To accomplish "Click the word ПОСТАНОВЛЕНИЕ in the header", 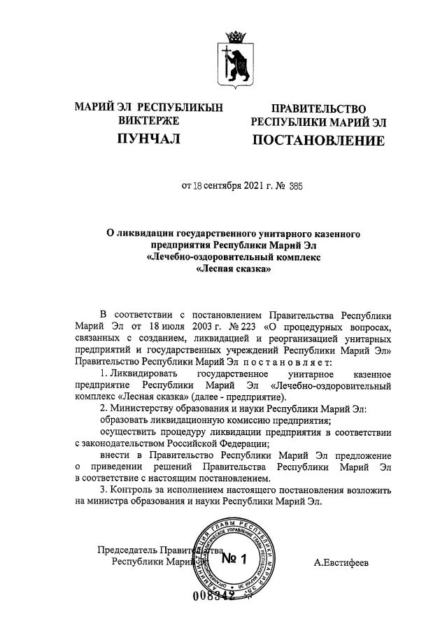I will (318, 141).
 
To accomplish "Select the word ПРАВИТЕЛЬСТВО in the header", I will (318, 108).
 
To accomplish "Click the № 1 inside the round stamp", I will (234, 559).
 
